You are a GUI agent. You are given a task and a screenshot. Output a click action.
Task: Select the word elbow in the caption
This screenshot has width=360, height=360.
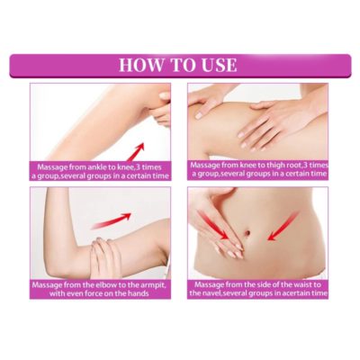(107, 284)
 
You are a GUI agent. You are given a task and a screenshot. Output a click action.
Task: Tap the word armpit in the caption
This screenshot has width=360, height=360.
(150, 284)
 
